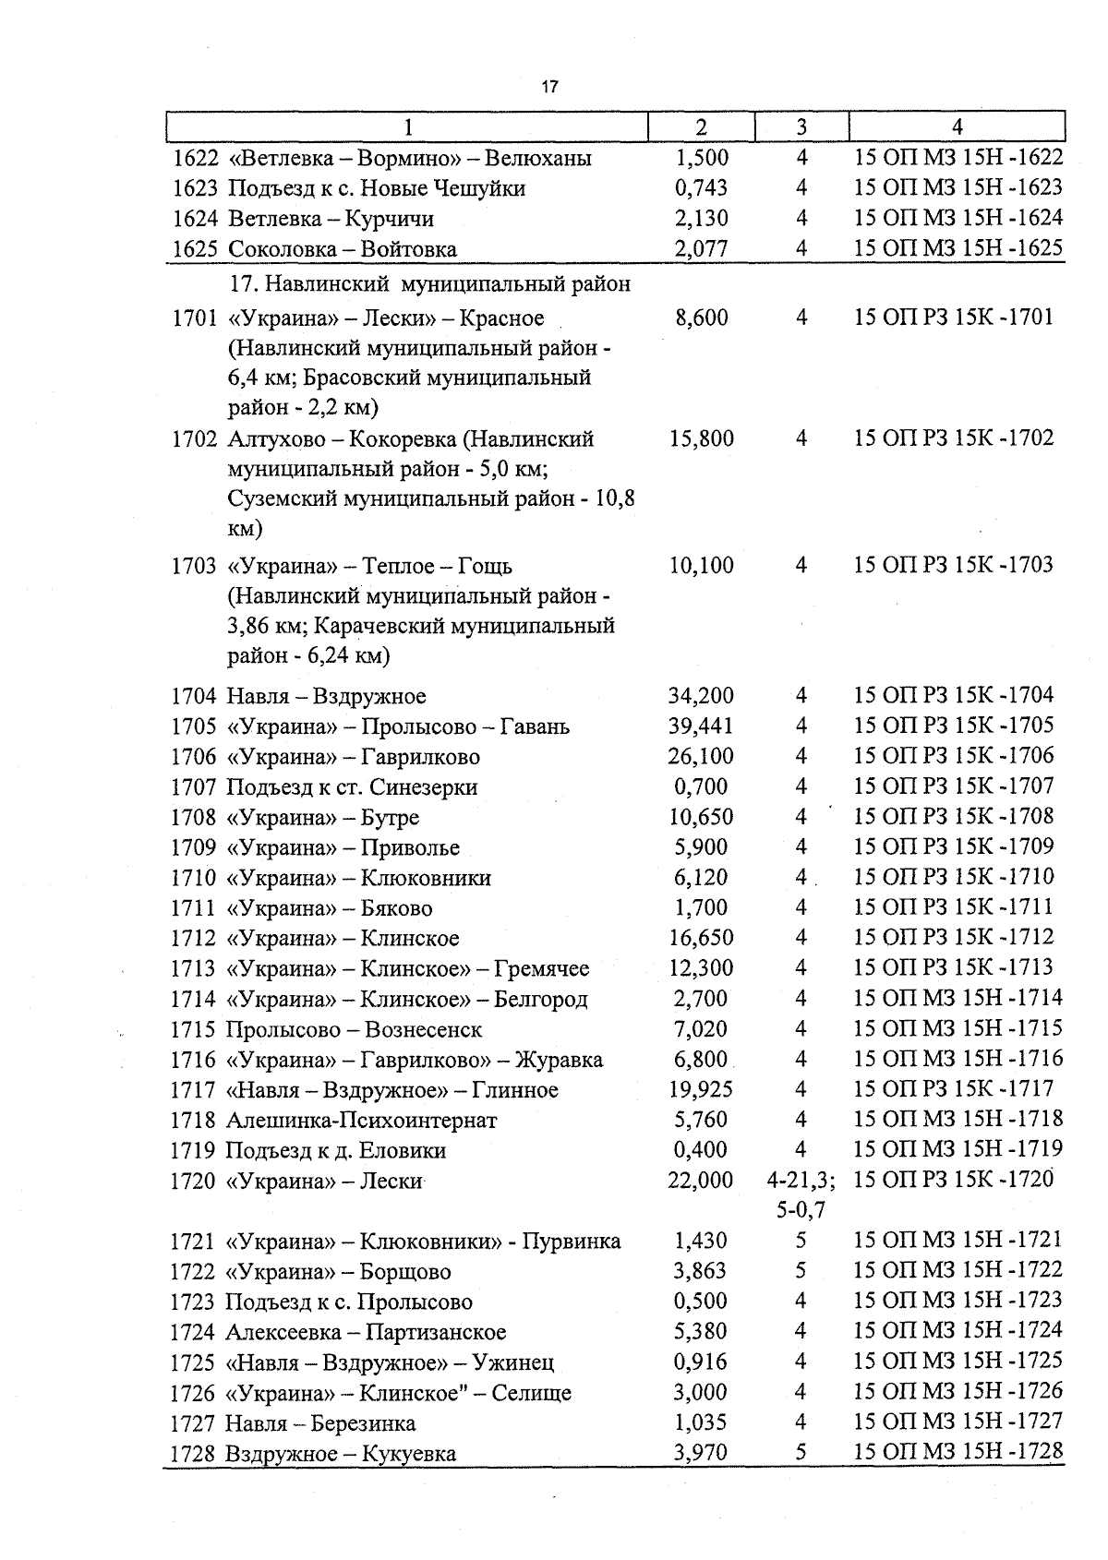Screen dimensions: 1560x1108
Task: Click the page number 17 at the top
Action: point(549,88)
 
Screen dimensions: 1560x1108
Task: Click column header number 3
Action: point(801,127)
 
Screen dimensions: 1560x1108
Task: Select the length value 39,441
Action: point(701,726)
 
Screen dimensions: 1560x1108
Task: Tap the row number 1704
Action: point(193,696)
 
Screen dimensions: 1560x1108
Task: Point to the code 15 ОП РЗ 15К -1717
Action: point(954,1089)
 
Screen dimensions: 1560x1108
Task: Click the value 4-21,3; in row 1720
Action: point(801,1180)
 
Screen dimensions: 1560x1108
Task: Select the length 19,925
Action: point(701,1090)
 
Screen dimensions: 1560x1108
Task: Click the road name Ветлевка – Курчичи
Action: point(331,219)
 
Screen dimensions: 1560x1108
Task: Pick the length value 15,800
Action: point(701,438)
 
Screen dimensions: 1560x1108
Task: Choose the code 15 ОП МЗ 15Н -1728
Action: point(958,1452)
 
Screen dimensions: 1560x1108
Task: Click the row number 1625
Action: point(194,249)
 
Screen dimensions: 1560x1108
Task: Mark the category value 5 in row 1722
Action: point(801,1271)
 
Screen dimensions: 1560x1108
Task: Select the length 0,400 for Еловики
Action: point(701,1150)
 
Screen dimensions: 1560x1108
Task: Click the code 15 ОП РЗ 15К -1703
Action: point(954,565)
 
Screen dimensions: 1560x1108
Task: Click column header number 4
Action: point(957,127)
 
